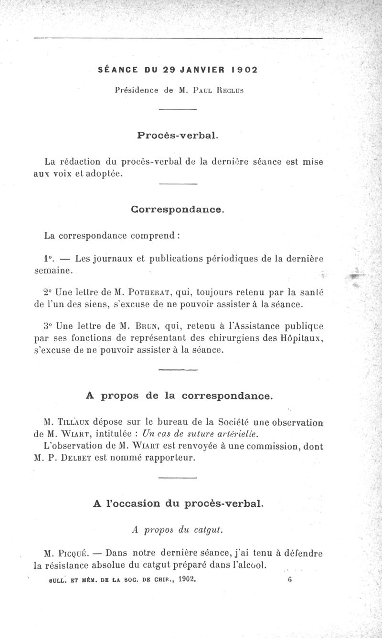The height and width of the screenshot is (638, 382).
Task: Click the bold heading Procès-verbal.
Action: pos(178,135)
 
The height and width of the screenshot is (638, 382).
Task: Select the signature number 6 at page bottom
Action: pos(289,580)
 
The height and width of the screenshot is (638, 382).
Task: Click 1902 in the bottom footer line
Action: pos(187,580)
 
